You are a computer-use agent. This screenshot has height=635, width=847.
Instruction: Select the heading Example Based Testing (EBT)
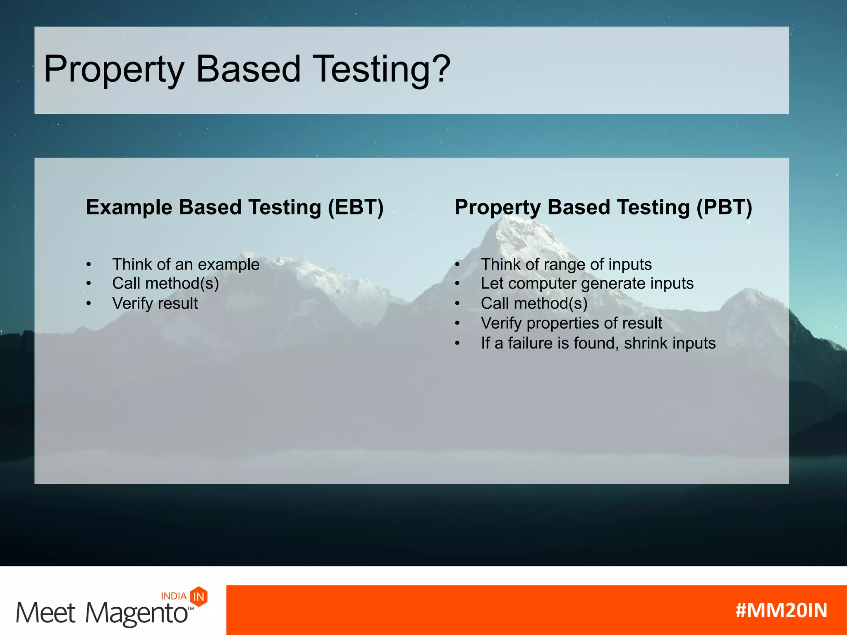(234, 207)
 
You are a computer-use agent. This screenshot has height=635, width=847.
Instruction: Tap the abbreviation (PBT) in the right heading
(724, 207)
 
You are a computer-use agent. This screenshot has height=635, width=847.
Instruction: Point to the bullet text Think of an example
(186, 265)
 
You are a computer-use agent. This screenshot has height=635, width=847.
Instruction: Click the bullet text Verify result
(155, 303)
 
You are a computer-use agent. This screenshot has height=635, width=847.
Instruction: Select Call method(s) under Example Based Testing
(165, 284)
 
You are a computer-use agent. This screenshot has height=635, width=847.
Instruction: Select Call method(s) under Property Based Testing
(534, 303)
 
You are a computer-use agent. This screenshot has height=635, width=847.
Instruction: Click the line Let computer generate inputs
(587, 284)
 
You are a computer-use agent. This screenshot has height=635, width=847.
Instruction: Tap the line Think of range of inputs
(566, 265)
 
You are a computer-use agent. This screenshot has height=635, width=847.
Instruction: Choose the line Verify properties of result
(571, 323)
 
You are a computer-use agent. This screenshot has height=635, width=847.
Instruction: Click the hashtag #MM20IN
(781, 610)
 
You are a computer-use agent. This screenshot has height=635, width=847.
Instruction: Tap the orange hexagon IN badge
(199, 597)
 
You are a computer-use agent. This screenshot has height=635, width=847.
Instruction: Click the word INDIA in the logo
(173, 596)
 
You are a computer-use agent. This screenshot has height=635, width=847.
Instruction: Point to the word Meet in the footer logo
(45, 613)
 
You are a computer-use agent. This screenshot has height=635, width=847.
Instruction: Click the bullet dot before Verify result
(89, 303)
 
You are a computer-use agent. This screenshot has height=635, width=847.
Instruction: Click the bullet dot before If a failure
(457, 343)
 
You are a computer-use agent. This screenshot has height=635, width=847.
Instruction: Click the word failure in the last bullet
(531, 343)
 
